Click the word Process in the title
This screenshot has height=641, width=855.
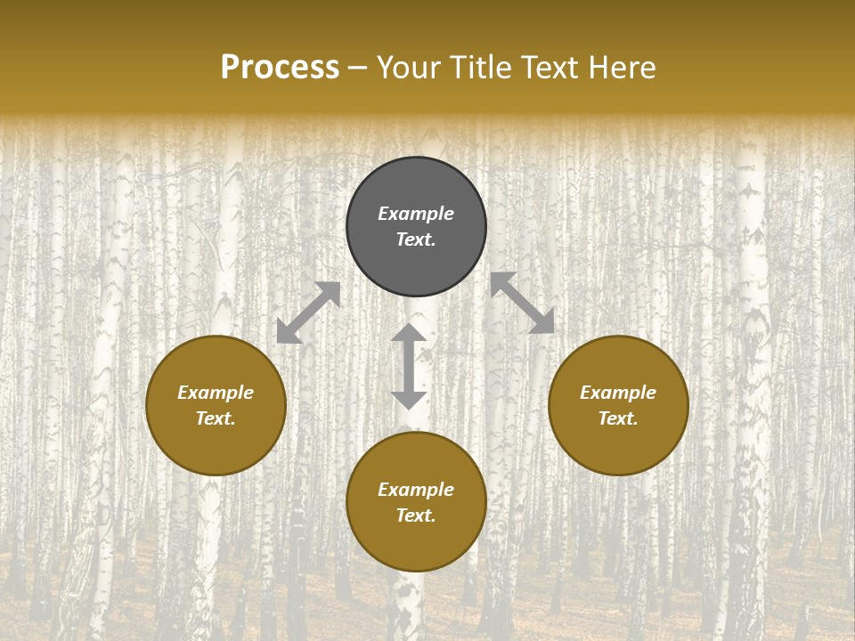coord(280,68)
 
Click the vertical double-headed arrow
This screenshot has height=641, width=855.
coord(409,367)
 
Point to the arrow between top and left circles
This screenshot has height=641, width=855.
coord(308,312)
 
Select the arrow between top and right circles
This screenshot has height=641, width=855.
coord(523,303)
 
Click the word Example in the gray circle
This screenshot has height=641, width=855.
coord(416,214)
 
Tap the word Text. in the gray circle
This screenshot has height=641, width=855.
coord(416,239)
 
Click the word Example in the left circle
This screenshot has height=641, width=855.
coord(216,393)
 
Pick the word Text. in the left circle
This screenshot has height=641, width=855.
coord(216,418)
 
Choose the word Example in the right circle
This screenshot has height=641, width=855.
coord(618,393)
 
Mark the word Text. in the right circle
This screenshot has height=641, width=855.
coord(618,418)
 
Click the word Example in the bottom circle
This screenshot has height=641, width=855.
coord(416,490)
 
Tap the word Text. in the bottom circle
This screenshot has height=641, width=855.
coord(416,515)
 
